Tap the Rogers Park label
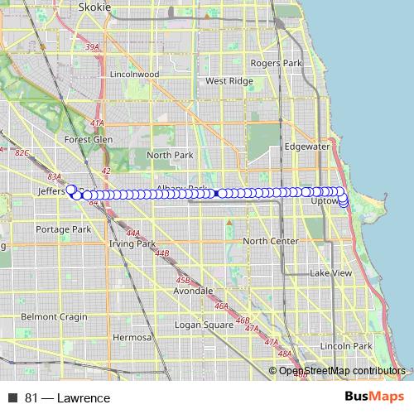point(276,63)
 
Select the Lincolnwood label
point(133,74)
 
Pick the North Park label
point(169,155)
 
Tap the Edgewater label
point(306,146)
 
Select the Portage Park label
point(63,229)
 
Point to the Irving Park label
point(132,244)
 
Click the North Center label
point(271,241)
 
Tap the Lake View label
point(330,273)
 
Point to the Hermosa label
point(132,338)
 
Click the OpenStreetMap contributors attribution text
point(342,371)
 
